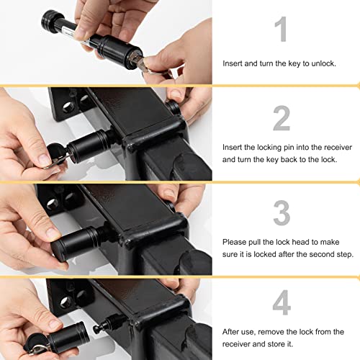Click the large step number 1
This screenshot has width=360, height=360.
pos(282,30)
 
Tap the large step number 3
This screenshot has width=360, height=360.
pos(282,212)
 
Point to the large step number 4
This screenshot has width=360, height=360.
pos(282,303)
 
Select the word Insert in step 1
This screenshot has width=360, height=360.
pos(235,63)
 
